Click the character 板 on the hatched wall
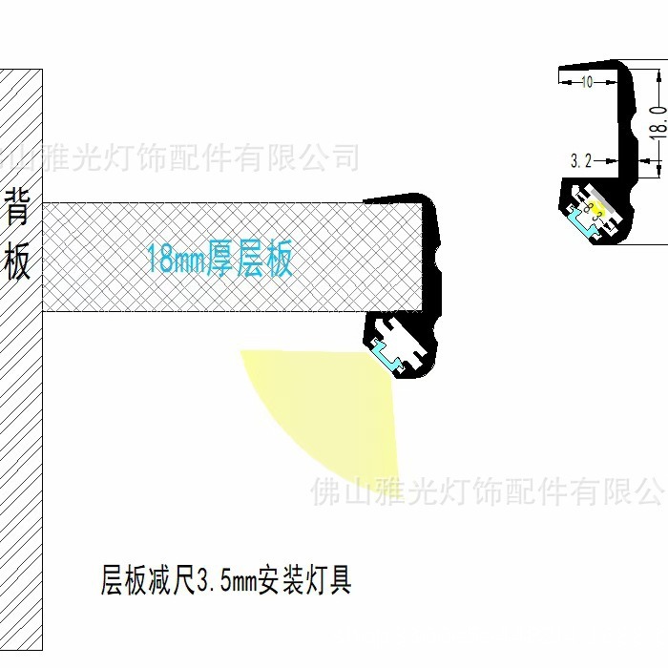pyautogui.click(x=19, y=262)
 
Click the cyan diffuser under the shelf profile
pyautogui.click(x=391, y=355)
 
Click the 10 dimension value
pyautogui.click(x=586, y=82)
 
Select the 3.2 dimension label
pyautogui.click(x=582, y=161)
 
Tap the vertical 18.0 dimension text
pyautogui.click(x=658, y=122)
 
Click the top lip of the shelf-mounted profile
pyautogui.click(x=396, y=198)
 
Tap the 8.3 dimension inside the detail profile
pyautogui.click(x=595, y=212)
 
